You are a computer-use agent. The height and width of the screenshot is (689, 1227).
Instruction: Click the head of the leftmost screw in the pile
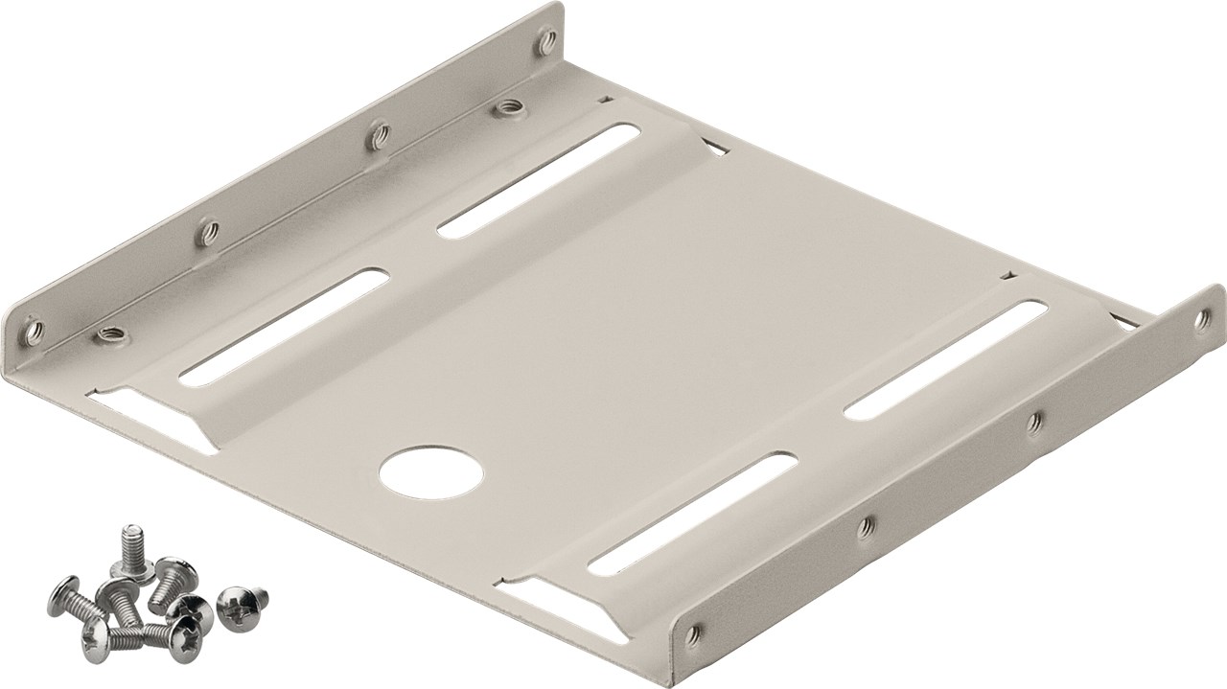63,598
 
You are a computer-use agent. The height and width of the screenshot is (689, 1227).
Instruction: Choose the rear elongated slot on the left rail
538,179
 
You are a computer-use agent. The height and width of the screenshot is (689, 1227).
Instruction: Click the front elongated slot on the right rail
692,514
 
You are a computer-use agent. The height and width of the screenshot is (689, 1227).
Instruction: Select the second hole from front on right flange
867,523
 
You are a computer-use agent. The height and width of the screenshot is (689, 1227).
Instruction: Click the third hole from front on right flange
1033,422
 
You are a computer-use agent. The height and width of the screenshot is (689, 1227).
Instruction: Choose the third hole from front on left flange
380,134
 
